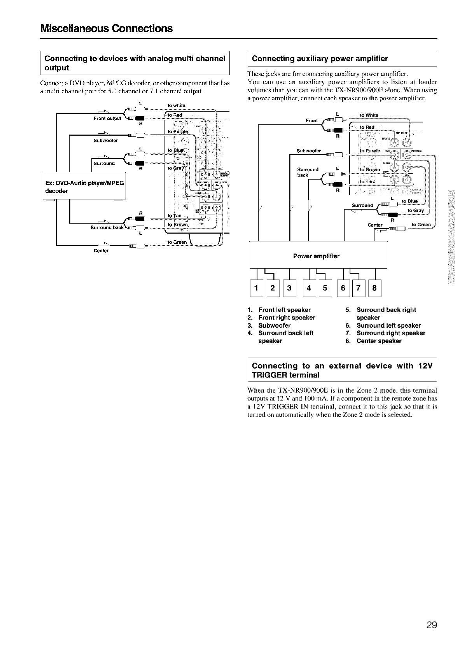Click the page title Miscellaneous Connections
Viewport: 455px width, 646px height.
pyautogui.click(x=106, y=28)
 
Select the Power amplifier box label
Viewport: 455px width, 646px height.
pyautogui.click(x=316, y=256)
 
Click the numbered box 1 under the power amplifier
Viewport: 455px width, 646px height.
pyautogui.click(x=255, y=288)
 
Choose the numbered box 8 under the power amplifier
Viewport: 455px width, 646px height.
pyautogui.click(x=374, y=288)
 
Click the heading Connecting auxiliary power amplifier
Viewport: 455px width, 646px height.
pyautogui.click(x=320, y=59)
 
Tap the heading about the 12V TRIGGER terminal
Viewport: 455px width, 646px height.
pyautogui.click(x=342, y=370)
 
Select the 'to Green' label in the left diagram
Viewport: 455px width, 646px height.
pyautogui.click(x=177, y=242)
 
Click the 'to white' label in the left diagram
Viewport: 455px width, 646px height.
pyautogui.click(x=176, y=105)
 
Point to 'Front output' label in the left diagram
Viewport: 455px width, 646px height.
pyautogui.click(x=107, y=118)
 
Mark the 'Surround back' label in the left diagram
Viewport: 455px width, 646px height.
pyautogui.click(x=107, y=227)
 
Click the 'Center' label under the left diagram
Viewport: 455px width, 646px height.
pyautogui.click(x=101, y=251)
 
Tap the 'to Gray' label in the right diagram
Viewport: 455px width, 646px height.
pyautogui.click(x=415, y=210)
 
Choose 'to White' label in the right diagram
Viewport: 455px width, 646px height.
pyautogui.click(x=369, y=115)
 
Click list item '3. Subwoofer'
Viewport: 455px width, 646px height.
pyautogui.click(x=269, y=325)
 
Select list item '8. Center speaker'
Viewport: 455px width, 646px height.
pyautogui.click(x=374, y=341)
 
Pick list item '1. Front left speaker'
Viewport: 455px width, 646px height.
pyautogui.click(x=279, y=310)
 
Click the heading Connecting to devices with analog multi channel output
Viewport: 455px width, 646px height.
pyautogui.click(x=135, y=63)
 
